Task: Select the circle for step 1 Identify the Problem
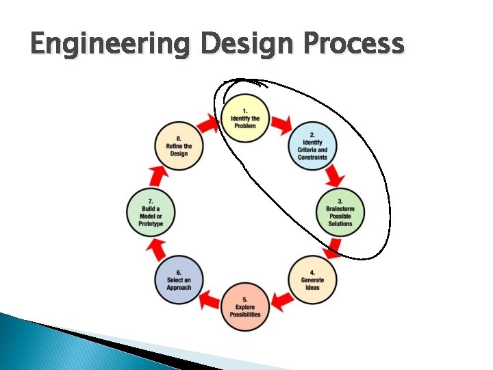coord(244,118)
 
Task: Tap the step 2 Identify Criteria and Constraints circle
coord(312,145)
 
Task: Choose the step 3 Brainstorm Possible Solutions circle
coord(340,212)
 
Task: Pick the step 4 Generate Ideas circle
coord(312,278)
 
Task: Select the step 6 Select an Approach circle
coord(179,278)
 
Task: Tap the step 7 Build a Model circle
coord(151,212)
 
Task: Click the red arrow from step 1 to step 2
coord(281,125)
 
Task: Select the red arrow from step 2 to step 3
coord(333,177)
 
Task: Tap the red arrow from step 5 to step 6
coord(211,299)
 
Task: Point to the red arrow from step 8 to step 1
coord(210,125)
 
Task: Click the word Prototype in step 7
coord(151,224)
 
